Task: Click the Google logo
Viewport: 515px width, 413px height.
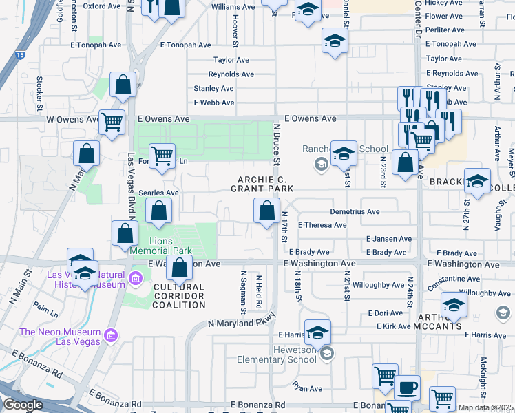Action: tap(23, 405)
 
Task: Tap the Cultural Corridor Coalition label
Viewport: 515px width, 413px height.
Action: tap(178, 291)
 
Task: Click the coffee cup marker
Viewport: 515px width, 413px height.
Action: tap(406, 388)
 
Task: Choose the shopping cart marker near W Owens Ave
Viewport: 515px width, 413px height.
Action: tap(112, 123)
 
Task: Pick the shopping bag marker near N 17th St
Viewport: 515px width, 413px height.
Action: tap(266, 211)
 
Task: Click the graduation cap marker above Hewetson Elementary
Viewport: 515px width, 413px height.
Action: tap(317, 332)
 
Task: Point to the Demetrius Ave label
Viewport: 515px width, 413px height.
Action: tap(355, 212)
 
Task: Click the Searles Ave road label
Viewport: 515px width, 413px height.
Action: tap(158, 193)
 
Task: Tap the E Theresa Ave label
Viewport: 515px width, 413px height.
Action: tap(322, 225)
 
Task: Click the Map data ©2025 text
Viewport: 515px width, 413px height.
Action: tap(486, 407)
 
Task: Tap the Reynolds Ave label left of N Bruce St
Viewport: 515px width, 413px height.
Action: tap(233, 74)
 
